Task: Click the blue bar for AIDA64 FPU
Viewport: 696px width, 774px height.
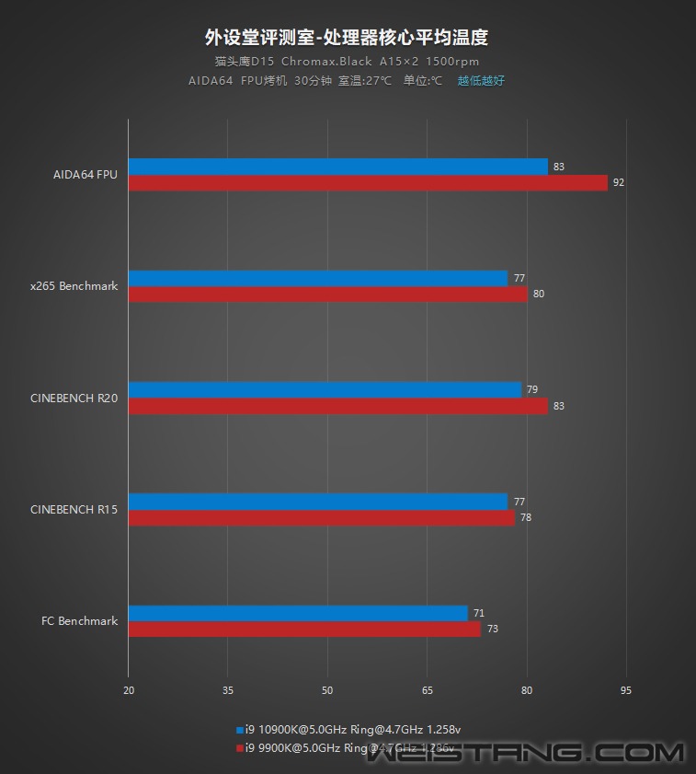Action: point(337,167)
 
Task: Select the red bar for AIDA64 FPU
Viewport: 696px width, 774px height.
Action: point(368,183)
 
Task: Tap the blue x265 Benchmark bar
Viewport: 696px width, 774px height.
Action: point(317,278)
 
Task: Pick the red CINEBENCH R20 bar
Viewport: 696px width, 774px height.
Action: point(337,406)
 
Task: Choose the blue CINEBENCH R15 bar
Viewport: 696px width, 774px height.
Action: point(317,502)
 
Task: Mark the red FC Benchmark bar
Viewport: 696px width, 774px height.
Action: point(304,630)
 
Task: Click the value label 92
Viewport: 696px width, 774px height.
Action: point(619,183)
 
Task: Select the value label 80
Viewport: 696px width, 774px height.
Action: point(539,295)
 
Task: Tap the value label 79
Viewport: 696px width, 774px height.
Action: point(532,389)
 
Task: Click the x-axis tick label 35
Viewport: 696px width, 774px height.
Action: point(228,690)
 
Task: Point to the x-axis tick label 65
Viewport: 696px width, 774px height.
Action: point(427,690)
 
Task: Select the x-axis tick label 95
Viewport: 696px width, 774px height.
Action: point(626,690)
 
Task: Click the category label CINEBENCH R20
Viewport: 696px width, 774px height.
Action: point(74,398)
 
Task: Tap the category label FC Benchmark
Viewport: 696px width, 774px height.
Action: point(80,621)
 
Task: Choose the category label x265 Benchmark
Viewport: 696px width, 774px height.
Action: point(74,286)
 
